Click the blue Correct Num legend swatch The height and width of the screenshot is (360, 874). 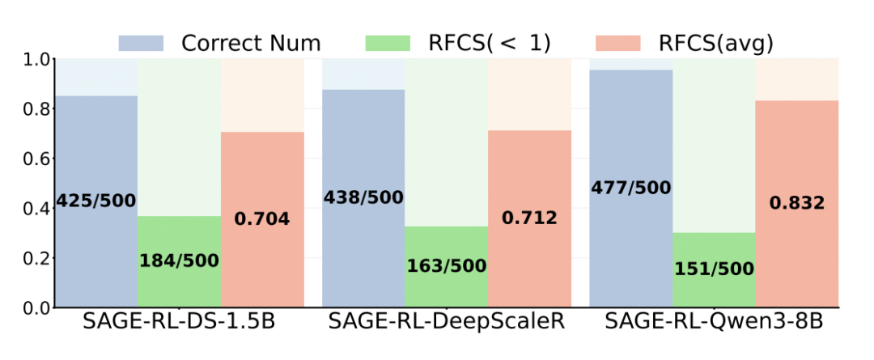click(x=142, y=43)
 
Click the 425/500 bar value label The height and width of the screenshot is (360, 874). click(x=96, y=201)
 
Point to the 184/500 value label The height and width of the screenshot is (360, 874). click(x=179, y=260)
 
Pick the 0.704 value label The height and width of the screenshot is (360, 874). click(x=262, y=218)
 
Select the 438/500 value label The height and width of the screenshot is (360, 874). click(x=363, y=197)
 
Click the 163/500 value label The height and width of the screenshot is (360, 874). click(x=446, y=266)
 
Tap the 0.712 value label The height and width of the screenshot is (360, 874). click(x=529, y=218)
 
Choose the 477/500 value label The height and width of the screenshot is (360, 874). click(x=630, y=188)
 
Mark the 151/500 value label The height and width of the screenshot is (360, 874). click(x=713, y=269)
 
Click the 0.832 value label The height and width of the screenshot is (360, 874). click(x=796, y=203)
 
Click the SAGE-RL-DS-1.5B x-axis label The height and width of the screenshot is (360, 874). click(x=179, y=322)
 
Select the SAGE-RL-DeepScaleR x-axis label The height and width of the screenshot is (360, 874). click(x=446, y=322)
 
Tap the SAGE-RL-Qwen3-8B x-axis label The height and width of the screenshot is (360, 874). click(x=713, y=322)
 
